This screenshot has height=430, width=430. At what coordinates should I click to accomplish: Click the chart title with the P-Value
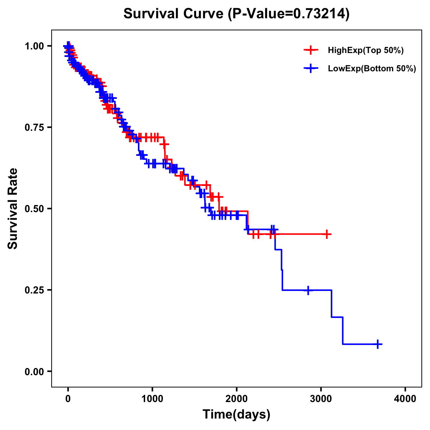click(x=236, y=14)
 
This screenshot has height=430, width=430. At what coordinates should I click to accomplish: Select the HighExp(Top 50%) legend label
click(x=365, y=51)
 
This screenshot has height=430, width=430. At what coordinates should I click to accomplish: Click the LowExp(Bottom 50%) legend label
click(x=372, y=69)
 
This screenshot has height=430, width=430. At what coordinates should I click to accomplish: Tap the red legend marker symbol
click(x=311, y=50)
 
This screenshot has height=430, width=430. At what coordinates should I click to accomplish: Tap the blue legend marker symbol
click(x=311, y=68)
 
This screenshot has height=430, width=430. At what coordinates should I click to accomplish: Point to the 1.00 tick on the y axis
click(x=34, y=46)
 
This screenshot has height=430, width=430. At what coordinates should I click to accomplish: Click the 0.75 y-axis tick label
click(x=34, y=128)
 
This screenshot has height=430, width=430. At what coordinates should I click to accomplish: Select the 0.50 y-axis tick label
click(x=34, y=209)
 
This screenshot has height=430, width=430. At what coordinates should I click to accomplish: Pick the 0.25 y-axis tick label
click(x=34, y=290)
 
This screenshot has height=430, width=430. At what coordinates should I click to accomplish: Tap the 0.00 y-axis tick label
click(x=34, y=372)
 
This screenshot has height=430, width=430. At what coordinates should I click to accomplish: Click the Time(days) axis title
click(x=236, y=415)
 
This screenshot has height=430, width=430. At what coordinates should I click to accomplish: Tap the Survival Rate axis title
click(x=13, y=209)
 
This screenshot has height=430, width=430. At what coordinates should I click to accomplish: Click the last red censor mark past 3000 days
click(x=327, y=234)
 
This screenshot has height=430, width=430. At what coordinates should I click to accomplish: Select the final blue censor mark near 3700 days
click(x=378, y=344)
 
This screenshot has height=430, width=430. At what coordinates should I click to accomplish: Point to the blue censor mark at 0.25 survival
click(x=308, y=290)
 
